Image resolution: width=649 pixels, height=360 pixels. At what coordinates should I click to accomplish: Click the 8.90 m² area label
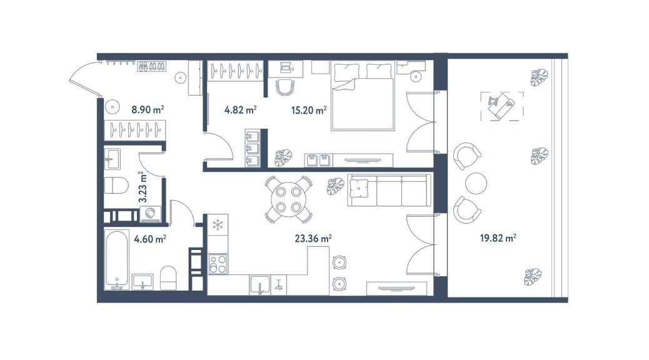point(148,109)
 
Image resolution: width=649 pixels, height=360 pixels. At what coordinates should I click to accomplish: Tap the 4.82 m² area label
point(241,110)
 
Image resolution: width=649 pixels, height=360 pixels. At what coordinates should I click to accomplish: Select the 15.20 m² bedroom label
point(309,110)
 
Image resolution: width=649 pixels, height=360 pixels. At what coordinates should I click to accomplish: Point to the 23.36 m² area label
point(313,238)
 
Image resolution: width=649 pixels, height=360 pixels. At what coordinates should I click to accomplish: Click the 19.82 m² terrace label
point(498,238)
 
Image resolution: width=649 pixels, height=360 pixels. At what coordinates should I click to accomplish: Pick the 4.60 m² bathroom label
point(150,239)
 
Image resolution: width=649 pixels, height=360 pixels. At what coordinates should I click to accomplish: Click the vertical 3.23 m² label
point(143,187)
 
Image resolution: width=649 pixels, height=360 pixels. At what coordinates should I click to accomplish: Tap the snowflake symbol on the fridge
point(218,225)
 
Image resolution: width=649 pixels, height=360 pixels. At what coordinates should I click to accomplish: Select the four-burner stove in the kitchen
point(218,264)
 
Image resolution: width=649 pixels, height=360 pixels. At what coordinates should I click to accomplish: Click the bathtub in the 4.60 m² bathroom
point(116,259)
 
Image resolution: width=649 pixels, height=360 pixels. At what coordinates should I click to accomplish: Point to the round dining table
point(288,199)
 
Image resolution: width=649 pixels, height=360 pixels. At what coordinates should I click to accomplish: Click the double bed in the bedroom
point(362,96)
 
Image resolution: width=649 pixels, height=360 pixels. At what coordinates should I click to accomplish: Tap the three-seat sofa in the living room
point(389,191)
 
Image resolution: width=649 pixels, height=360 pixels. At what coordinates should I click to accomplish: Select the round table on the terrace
point(476,183)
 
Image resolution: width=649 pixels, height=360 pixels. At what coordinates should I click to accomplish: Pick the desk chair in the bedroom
point(285,88)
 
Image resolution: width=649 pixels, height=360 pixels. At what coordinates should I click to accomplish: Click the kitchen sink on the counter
point(260,285)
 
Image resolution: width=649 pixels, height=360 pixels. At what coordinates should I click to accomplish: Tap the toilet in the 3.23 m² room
point(116,186)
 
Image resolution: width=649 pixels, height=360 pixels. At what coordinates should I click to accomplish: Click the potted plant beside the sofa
point(336,186)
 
